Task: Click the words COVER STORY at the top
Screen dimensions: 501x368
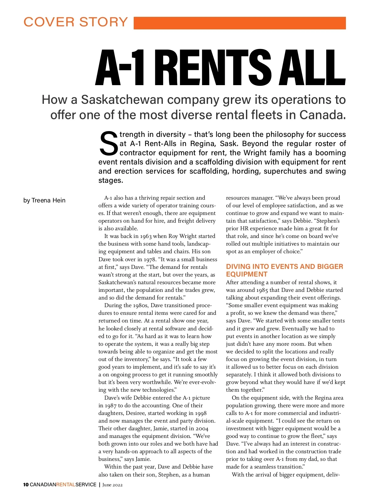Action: pos(76,22)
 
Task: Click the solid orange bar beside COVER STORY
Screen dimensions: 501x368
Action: pos(240,23)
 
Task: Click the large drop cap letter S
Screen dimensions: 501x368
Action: pos(108,143)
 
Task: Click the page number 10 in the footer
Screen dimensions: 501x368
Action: pos(26,485)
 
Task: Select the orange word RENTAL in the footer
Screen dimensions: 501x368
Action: pos(66,485)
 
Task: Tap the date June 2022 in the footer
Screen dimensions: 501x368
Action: pos(113,485)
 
